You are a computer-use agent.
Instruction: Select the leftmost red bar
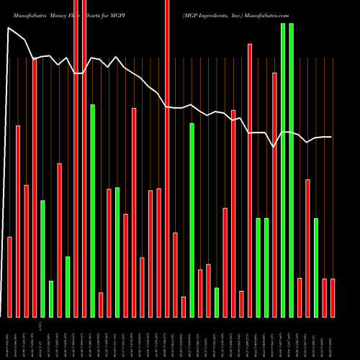(9, 276)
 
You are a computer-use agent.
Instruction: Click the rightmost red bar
(333, 297)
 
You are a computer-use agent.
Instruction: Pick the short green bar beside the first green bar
(51, 298)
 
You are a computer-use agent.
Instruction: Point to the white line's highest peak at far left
(9, 28)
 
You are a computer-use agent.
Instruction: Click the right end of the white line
(331, 137)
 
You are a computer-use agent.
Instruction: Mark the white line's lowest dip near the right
(274, 147)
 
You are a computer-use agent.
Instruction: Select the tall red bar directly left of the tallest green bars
(274, 194)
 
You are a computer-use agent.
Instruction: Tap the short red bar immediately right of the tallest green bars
(300, 297)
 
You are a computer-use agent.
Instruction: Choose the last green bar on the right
(316, 266)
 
